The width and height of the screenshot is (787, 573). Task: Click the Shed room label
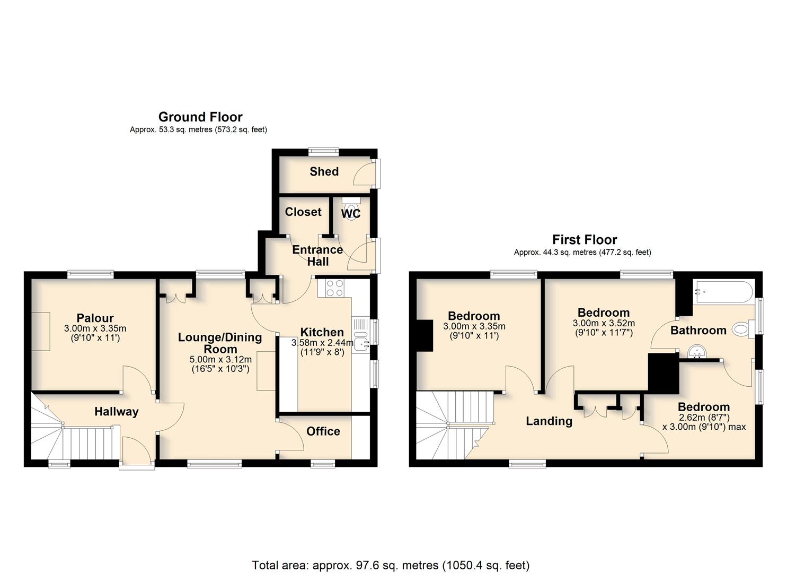[x=324, y=172]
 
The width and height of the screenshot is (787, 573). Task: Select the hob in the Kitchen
[x=334, y=288]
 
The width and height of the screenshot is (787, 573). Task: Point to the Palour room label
[x=95, y=318]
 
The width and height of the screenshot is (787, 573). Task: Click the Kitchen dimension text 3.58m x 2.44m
[x=322, y=342]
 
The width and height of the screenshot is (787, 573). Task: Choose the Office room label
[x=323, y=431]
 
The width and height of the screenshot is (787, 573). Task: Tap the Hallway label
[x=116, y=412]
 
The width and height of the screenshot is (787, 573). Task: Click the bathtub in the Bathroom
[x=724, y=291]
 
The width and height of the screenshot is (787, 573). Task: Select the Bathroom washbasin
[x=697, y=352]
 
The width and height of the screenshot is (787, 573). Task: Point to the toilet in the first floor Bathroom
[x=744, y=329]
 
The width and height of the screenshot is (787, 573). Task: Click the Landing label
[x=549, y=421]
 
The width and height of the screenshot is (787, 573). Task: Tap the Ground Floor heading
[x=200, y=117]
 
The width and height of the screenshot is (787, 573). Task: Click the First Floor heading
[x=585, y=239]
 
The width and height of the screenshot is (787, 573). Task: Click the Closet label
[x=303, y=212]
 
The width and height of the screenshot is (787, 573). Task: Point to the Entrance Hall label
[x=317, y=255]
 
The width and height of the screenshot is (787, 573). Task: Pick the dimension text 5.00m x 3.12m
[x=220, y=360]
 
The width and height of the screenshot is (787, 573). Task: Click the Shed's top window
[x=324, y=152]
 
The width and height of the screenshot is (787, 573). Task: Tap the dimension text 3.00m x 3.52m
[x=604, y=323]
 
